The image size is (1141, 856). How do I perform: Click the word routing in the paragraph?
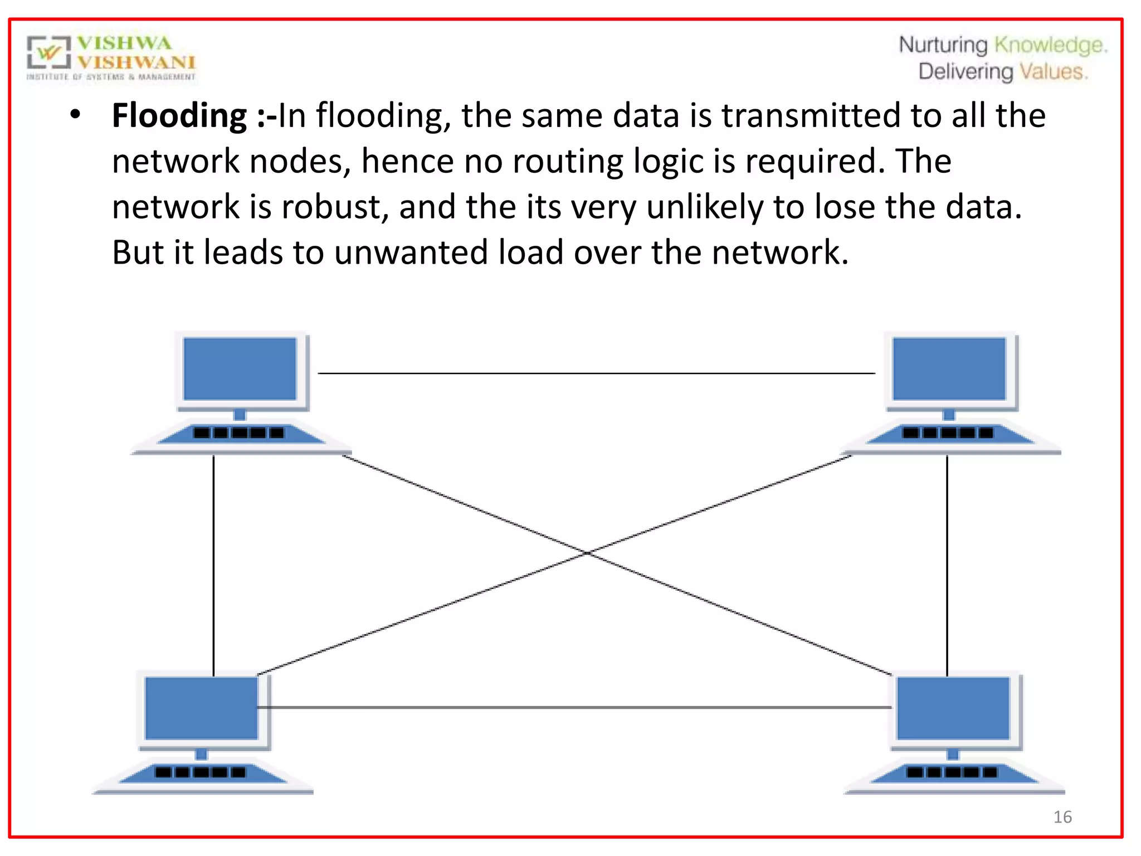point(568,162)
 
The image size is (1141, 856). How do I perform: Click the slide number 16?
point(1062,817)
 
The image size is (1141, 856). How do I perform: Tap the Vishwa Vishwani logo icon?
point(49,53)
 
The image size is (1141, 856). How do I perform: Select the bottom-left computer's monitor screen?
point(201,708)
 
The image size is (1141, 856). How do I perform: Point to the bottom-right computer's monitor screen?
point(953,708)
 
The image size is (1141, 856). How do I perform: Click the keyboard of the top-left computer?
point(240,433)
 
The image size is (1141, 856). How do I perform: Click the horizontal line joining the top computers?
point(596,373)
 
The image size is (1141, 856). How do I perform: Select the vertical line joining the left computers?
point(213,563)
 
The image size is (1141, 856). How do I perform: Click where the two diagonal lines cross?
point(588,553)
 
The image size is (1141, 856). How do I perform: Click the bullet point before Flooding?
point(76,115)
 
